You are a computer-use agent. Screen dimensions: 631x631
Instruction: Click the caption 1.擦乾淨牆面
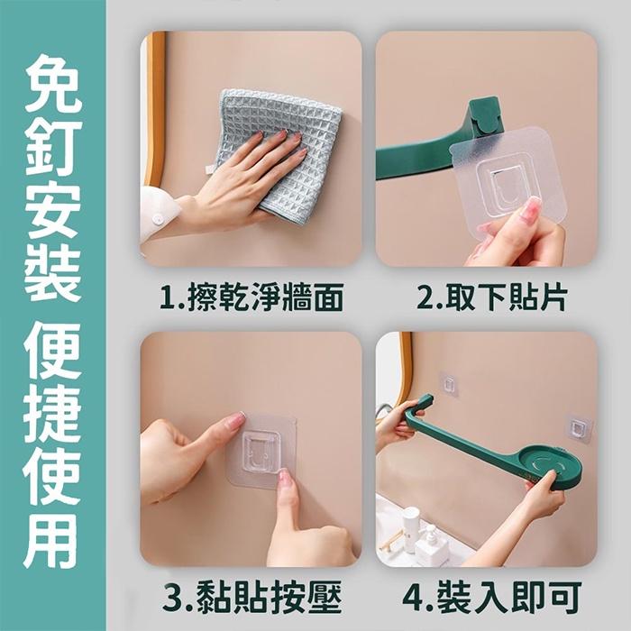click(x=251, y=298)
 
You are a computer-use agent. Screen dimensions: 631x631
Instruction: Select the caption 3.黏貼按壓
click(x=251, y=598)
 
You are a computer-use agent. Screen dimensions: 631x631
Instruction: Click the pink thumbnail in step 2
click(x=530, y=211)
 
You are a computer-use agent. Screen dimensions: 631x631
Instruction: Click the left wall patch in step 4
click(x=448, y=384)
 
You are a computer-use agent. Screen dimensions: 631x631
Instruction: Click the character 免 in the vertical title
click(x=52, y=83)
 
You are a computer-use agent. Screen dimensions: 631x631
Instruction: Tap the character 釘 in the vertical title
click(x=52, y=148)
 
